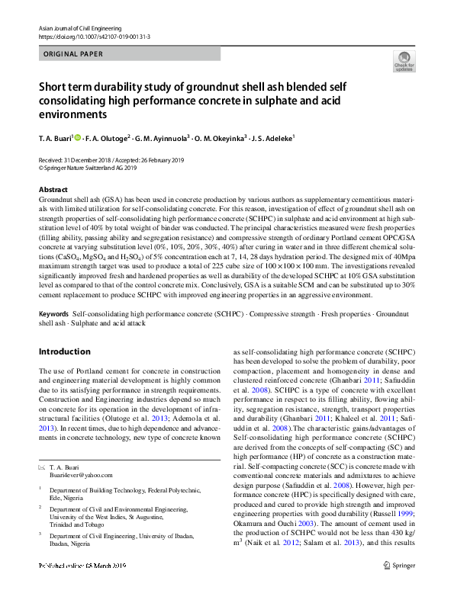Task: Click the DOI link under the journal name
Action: click(94, 37)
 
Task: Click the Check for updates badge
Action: click(404, 60)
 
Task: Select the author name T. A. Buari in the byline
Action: click(54, 139)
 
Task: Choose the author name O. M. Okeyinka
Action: click(225, 139)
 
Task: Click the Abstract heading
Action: click(53, 189)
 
